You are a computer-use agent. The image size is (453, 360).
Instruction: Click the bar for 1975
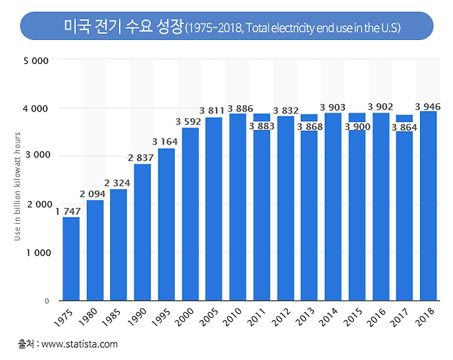(71, 259)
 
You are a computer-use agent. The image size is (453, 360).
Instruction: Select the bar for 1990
(143, 232)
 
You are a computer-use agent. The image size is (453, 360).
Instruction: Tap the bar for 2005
(213, 209)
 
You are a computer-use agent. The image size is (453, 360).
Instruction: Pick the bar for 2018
(428, 206)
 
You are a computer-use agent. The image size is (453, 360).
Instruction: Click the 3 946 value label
(428, 106)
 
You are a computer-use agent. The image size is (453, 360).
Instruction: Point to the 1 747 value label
(68, 212)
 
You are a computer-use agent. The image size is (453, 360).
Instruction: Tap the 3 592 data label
(189, 123)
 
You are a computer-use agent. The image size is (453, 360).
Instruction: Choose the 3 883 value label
(262, 126)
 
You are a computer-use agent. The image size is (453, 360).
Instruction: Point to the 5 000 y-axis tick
(36, 61)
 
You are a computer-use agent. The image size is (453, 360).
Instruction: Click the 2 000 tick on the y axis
(36, 204)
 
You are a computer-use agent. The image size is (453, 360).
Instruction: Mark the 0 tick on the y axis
(45, 301)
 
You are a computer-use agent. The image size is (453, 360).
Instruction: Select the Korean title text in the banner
(123, 27)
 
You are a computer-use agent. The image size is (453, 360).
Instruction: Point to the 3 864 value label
(404, 127)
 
